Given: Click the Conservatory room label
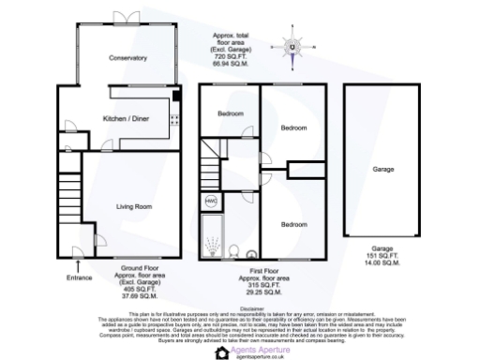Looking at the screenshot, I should pyautogui.click(x=127, y=58).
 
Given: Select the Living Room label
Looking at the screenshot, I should pyautogui.click(x=134, y=206).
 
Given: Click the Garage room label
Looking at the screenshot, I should pyautogui.click(x=383, y=170).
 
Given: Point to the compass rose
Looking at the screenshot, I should pyautogui.click(x=292, y=47).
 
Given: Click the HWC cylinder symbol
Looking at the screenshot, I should pyautogui.click(x=211, y=201).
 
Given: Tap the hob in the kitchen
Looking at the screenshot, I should pyautogui.click(x=174, y=118).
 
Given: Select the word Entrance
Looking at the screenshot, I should pyautogui.click(x=80, y=277).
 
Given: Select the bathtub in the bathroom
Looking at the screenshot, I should pyautogui.click(x=211, y=235).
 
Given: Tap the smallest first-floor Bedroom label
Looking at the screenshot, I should pyautogui.click(x=231, y=112).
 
